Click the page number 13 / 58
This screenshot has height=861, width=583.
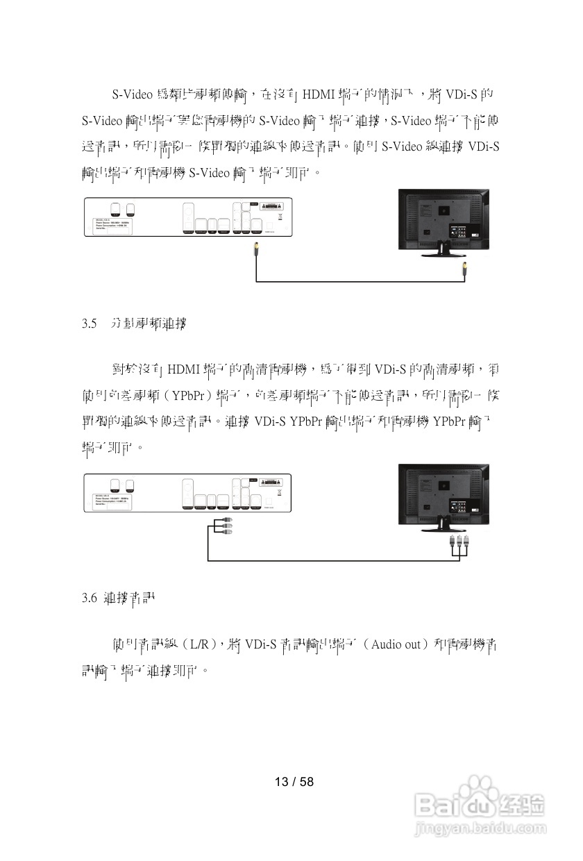point(294,782)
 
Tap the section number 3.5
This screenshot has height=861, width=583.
point(88,324)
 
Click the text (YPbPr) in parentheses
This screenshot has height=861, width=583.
point(187,396)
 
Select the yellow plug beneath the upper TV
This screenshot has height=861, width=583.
point(464,270)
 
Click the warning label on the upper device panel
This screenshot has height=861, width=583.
point(275,207)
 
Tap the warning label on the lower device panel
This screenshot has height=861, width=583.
point(275,482)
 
